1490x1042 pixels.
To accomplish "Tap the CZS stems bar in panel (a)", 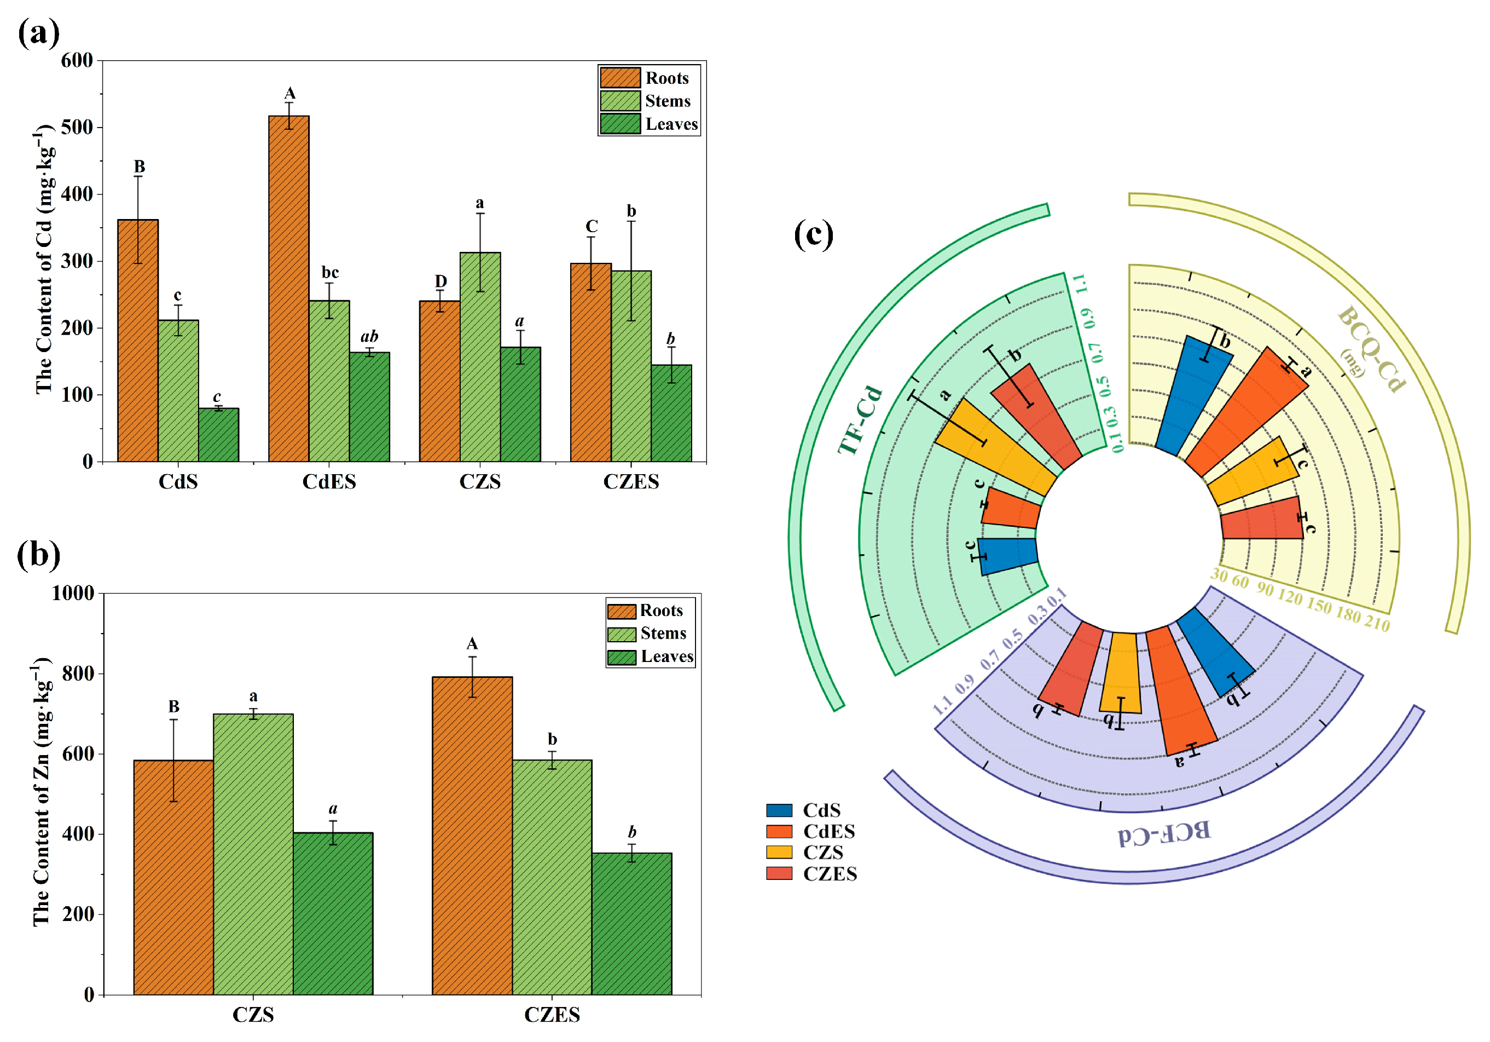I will [480, 357].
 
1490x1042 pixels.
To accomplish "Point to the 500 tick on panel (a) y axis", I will [77, 127].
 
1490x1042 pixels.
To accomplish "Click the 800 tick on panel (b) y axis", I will [78, 674].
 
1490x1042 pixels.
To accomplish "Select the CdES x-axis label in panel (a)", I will [329, 482].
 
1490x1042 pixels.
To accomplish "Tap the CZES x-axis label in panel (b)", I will [552, 1015].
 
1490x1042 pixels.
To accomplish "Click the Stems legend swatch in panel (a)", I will [620, 101].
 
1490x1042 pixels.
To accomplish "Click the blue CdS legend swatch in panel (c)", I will [779, 810].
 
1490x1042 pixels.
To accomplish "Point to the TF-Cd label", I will [860, 421].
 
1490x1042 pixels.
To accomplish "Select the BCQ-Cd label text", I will [1371, 349].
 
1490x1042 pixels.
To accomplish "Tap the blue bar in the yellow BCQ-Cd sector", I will [1194, 396].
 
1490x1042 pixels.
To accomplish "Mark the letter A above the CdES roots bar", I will [289, 94].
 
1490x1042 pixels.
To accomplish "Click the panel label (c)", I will [813, 234].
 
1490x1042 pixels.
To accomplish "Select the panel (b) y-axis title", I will [43, 792].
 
